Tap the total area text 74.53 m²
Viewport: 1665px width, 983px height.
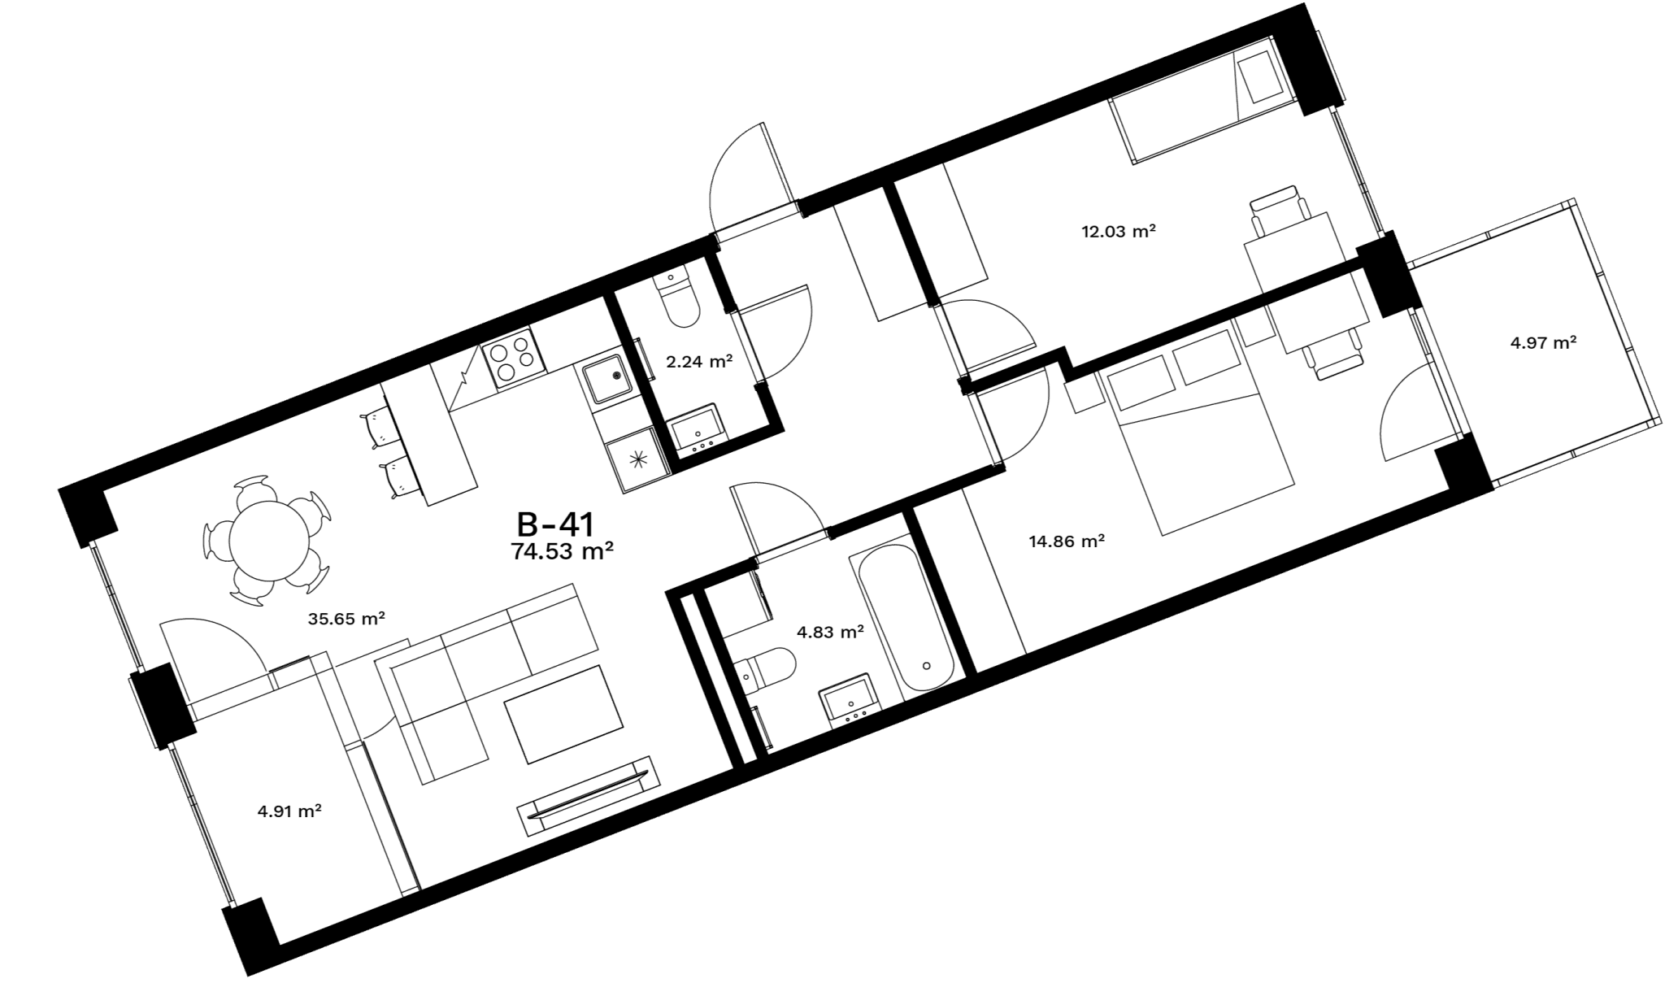click(562, 552)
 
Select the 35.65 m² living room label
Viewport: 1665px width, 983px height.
click(346, 619)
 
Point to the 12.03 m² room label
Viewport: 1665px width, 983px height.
click(1119, 231)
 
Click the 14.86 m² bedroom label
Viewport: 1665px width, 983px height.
click(1067, 541)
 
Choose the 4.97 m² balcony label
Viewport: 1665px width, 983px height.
click(1544, 342)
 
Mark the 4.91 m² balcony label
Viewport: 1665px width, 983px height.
click(289, 811)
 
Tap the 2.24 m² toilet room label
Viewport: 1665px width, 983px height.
click(700, 361)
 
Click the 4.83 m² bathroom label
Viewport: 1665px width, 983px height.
click(830, 631)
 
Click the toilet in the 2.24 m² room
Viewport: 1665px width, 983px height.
click(678, 298)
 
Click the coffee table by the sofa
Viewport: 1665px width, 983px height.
click(564, 714)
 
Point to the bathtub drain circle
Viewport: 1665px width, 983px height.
click(927, 665)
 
